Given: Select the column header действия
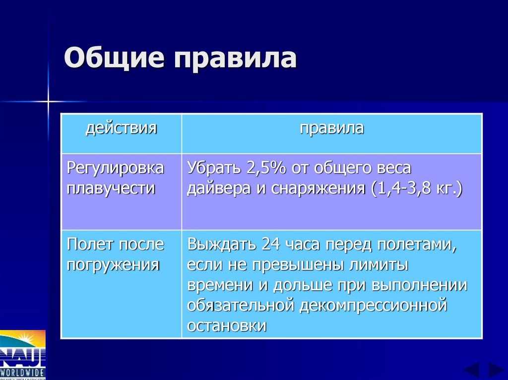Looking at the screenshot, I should point(121,128).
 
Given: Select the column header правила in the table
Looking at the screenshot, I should point(331,128).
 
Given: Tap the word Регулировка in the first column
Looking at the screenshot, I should point(116,168).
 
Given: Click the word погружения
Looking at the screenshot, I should point(113,265).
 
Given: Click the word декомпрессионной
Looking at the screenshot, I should point(373,305).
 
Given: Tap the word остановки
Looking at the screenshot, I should point(227,326).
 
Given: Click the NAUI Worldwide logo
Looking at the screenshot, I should point(23,355).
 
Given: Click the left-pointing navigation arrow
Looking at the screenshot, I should point(471,371).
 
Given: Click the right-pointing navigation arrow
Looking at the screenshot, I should point(496,371).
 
